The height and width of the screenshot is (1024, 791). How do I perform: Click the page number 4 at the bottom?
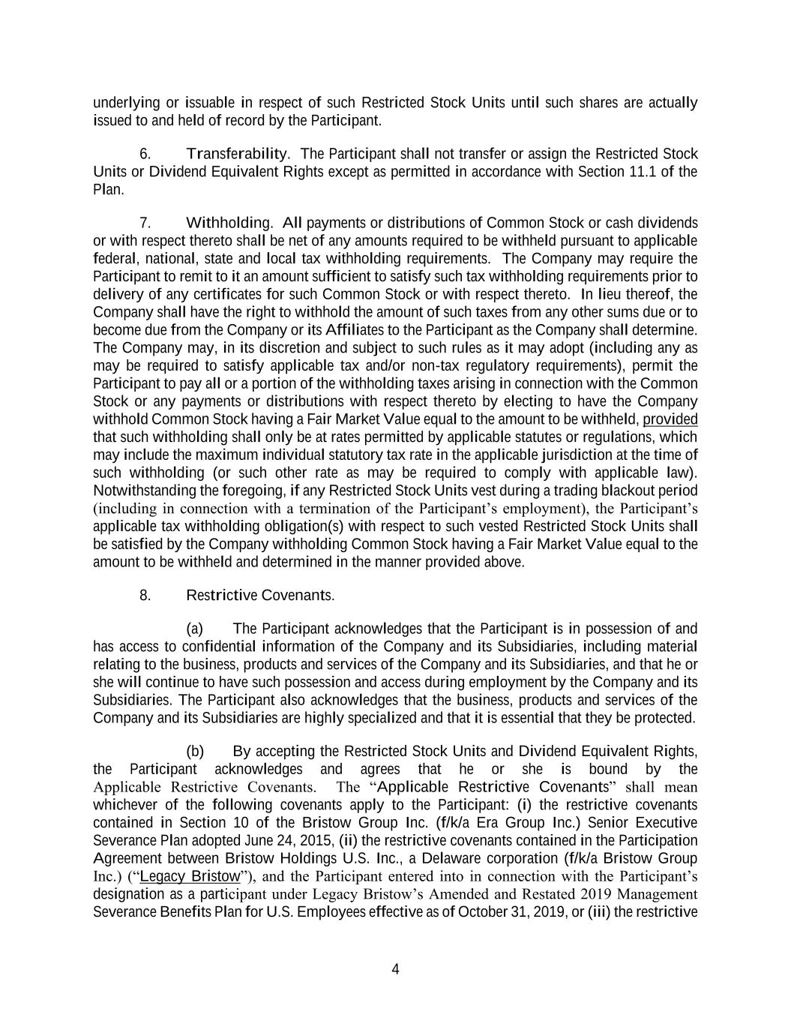[x=395, y=969]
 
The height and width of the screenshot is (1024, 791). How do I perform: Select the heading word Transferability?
[x=236, y=154]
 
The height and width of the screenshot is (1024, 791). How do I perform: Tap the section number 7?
[x=145, y=223]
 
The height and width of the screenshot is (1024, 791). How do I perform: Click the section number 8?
[x=145, y=596]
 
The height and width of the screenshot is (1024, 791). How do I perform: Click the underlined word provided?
[x=670, y=419]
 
